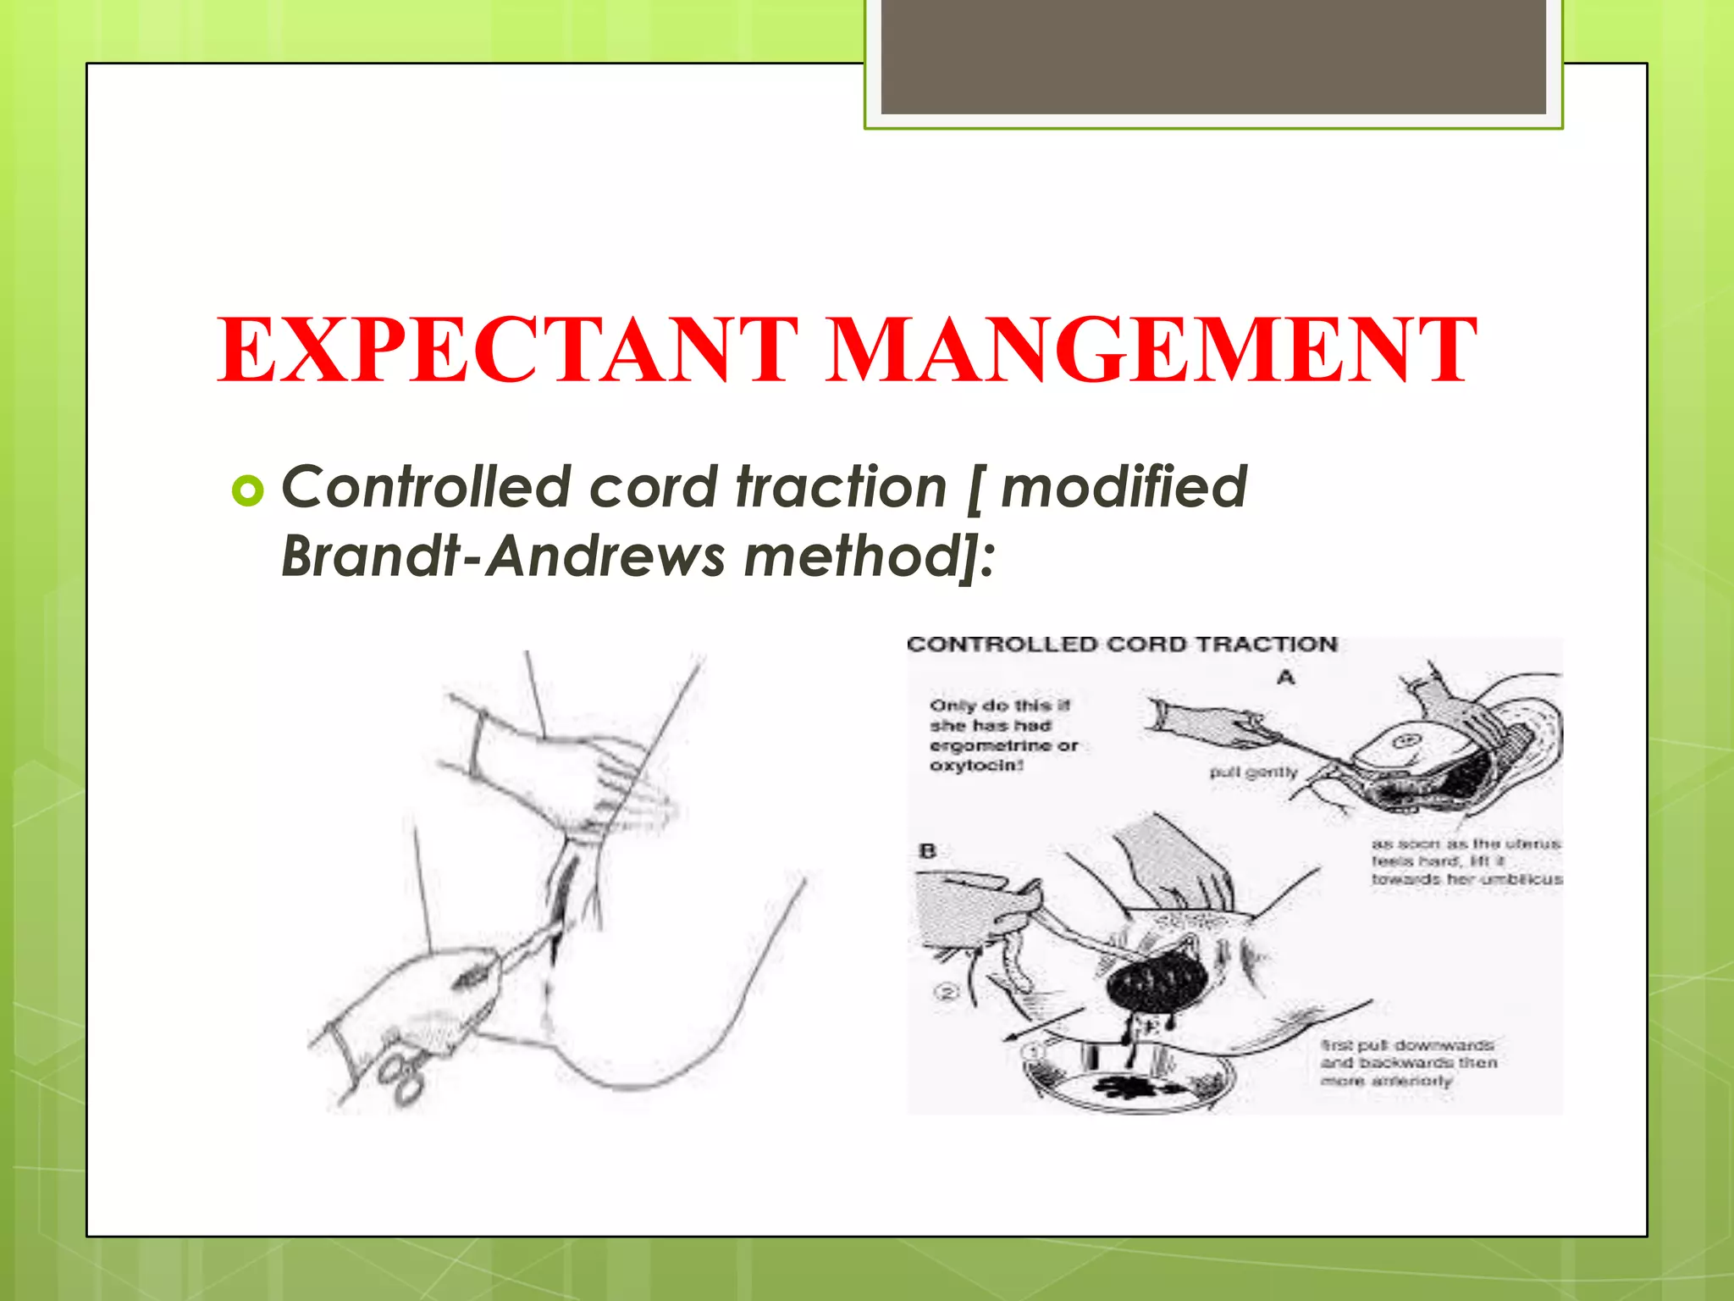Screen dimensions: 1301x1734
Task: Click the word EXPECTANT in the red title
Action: (508, 350)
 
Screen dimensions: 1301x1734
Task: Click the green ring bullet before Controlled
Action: (247, 490)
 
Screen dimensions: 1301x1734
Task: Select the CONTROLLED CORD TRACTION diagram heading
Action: (1122, 645)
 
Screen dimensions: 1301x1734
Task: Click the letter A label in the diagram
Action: (1286, 678)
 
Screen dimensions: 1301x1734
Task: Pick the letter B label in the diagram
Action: (928, 850)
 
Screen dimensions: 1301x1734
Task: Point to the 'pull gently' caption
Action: (1253, 772)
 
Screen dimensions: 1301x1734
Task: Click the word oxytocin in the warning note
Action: (975, 766)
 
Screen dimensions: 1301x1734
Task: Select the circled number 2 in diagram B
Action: (947, 991)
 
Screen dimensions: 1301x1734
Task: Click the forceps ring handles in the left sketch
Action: (401, 1076)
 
